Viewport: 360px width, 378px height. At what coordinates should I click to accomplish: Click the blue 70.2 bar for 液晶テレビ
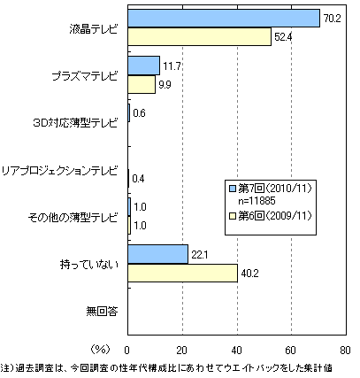(224, 19)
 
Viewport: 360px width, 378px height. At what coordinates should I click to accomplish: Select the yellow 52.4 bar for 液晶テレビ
(200, 37)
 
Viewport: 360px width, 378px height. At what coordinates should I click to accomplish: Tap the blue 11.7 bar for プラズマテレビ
(144, 66)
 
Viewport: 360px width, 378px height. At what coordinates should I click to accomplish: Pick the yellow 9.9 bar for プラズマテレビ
(142, 84)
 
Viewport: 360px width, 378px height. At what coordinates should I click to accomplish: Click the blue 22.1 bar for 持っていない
(158, 254)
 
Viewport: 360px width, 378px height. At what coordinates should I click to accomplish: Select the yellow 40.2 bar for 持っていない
(183, 273)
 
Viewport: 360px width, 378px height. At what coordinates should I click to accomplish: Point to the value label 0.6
(139, 113)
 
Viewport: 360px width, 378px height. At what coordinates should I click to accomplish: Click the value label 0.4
(138, 179)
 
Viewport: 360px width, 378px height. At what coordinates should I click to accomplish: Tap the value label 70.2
(332, 19)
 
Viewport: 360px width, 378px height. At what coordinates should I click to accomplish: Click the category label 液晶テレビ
(94, 29)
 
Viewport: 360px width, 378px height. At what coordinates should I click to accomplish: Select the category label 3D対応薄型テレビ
(75, 123)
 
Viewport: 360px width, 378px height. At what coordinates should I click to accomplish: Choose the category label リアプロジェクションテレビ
(60, 171)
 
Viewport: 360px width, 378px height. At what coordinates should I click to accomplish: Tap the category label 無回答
(102, 312)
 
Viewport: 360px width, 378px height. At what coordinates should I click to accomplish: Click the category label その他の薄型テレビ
(73, 218)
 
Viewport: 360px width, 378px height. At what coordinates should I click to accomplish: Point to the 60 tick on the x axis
(290, 351)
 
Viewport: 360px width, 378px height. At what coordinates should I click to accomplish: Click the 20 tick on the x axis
(182, 351)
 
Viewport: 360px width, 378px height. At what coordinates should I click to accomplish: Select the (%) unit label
(100, 350)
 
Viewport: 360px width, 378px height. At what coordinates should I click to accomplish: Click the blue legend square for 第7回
(233, 189)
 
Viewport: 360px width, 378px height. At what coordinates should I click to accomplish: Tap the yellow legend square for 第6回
(233, 216)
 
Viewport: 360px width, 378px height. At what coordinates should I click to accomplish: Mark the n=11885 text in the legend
(257, 201)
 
